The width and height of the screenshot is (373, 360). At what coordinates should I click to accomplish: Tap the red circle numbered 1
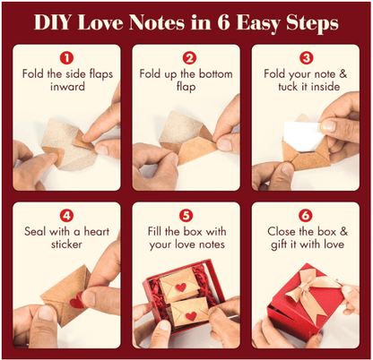(67, 58)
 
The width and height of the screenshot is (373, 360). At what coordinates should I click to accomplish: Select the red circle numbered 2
(186, 58)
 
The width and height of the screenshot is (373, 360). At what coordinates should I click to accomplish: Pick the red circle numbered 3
(306, 58)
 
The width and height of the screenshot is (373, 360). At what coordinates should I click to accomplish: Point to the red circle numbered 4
(67, 215)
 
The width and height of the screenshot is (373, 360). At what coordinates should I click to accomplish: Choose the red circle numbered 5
(186, 215)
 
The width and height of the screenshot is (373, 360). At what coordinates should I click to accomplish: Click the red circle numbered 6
(306, 215)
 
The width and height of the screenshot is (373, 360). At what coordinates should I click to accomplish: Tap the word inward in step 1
(67, 90)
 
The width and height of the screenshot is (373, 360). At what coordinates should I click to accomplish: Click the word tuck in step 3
(283, 90)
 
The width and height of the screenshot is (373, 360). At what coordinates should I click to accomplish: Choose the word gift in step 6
(283, 246)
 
